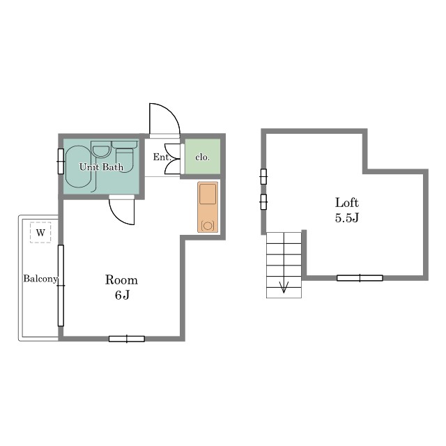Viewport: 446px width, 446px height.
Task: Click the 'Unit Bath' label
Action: point(101,167)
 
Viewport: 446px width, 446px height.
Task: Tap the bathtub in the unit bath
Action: point(78,167)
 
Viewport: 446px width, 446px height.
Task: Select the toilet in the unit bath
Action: point(125,156)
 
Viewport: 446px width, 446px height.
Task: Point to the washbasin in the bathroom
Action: point(101,149)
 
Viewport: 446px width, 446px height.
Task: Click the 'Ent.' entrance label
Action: point(162,157)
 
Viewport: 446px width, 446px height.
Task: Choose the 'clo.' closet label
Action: point(202,157)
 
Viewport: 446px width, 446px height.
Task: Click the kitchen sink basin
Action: point(208,194)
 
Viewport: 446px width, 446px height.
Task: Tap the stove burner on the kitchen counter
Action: point(208,226)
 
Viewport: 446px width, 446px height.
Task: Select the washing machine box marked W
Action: point(40,232)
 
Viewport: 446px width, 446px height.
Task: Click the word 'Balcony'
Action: point(40,279)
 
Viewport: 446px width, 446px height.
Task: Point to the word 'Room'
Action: point(121,280)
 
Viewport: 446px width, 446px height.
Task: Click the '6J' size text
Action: point(123,295)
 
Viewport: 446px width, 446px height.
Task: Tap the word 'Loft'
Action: point(347,203)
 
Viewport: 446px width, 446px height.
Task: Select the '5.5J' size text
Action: point(347,218)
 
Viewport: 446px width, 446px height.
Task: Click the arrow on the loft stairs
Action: point(284,286)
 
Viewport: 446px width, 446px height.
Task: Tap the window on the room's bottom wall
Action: point(127,339)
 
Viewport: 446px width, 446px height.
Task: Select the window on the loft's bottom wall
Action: point(360,278)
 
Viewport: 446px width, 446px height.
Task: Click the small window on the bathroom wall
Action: point(61,161)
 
